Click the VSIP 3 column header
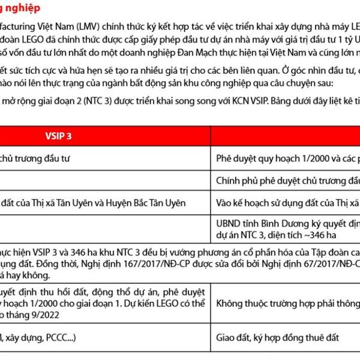tap(58, 135)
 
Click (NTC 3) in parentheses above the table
tap(98, 98)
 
